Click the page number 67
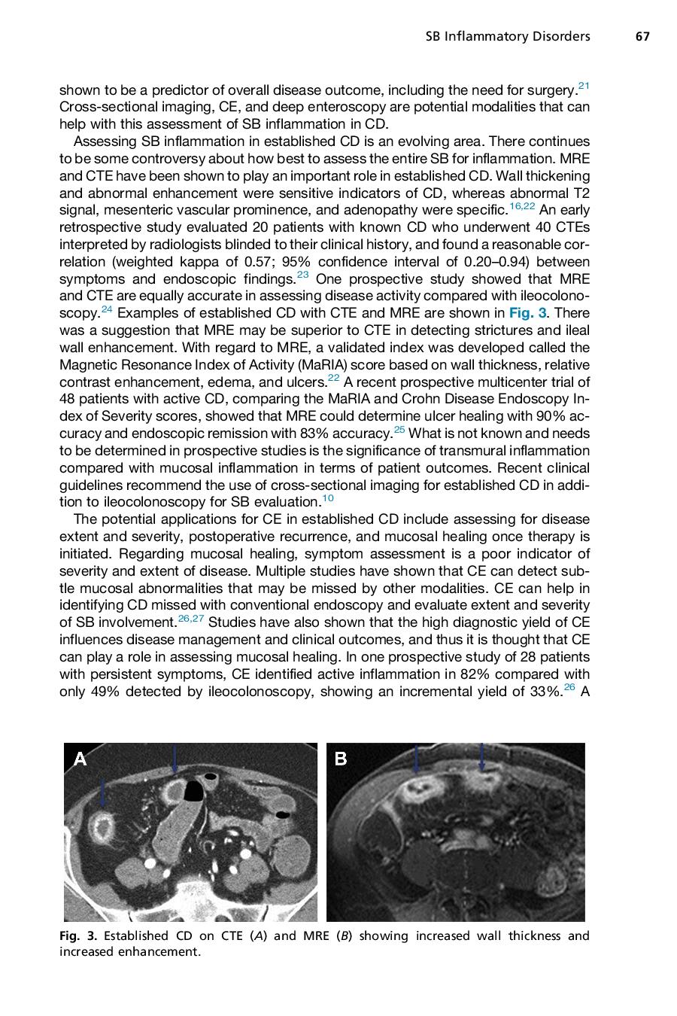[642, 36]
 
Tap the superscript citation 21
[584, 86]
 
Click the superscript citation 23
[302, 275]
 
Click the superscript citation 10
[328, 498]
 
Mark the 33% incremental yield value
[545, 692]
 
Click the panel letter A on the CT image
[80, 759]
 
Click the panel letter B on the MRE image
[340, 759]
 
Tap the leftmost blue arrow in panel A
[103, 792]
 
